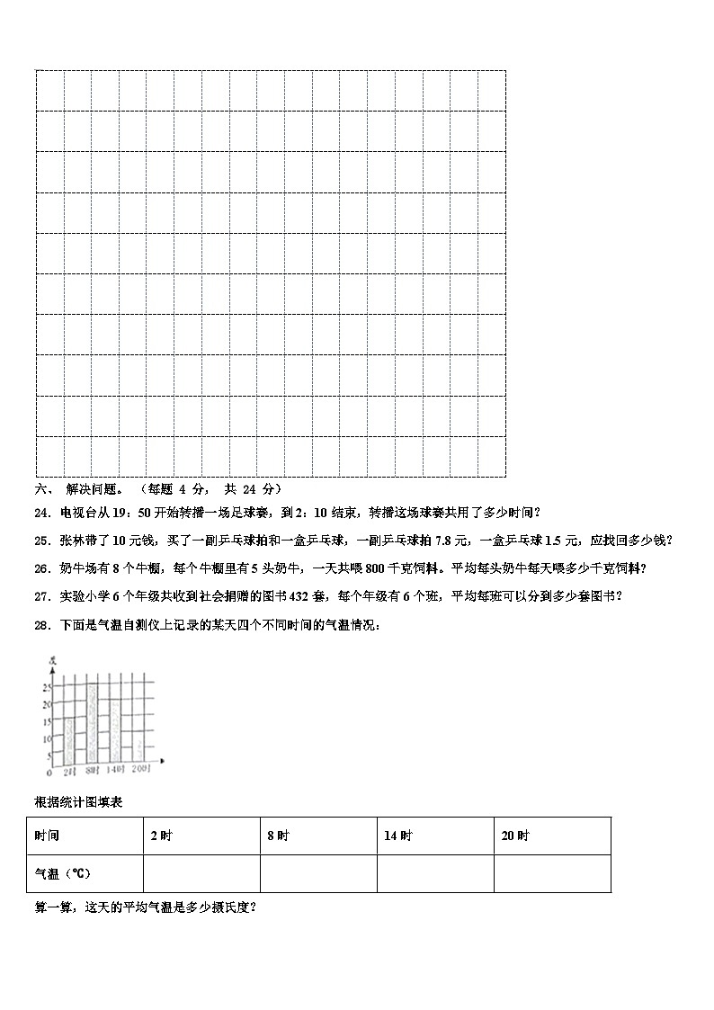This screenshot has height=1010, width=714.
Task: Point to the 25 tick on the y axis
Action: [47, 687]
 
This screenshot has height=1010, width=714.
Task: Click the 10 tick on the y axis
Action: [47, 739]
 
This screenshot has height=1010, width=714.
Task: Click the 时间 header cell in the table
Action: [47, 836]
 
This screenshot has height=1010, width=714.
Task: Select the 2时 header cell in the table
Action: [161, 836]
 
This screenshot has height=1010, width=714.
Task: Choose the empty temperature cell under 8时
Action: [318, 873]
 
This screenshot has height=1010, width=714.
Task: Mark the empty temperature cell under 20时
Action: [552, 873]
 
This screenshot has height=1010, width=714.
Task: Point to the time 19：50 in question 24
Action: [117, 513]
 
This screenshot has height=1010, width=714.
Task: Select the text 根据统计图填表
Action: [78, 800]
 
